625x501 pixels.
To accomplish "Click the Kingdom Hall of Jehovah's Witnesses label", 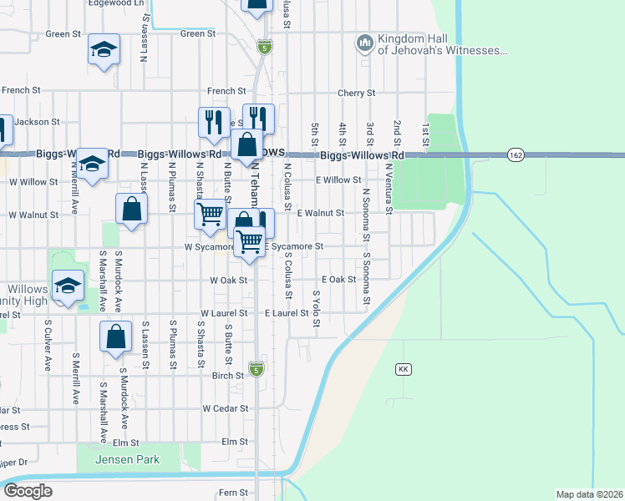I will tap(442, 44).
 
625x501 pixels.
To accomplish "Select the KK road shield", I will tap(403, 368).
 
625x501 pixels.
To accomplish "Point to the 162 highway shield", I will tap(515, 154).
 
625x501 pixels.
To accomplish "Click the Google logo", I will tap(28, 491).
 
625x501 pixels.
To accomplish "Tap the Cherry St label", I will tap(355, 94).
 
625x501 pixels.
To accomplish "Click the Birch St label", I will tap(227, 376).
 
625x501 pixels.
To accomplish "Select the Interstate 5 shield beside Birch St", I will tap(257, 368).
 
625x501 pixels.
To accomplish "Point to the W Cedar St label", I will tap(226, 408).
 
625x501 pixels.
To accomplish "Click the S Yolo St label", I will tap(316, 309).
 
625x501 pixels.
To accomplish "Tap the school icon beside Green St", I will tap(104, 50).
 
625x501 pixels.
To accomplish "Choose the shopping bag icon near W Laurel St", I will tap(115, 337).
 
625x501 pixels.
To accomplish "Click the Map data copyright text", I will tap(589, 493).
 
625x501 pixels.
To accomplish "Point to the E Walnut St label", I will tap(321, 214).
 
